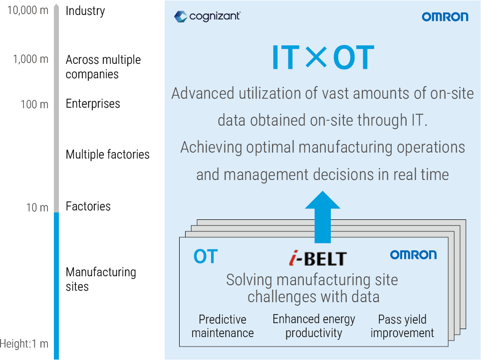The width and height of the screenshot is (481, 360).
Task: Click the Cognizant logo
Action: click(207, 16)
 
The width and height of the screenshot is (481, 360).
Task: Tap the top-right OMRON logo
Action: click(445, 17)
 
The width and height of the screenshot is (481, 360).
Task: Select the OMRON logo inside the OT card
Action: click(413, 255)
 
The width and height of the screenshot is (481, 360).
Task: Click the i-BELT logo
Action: click(317, 258)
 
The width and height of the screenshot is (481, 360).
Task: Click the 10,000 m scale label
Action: click(28, 10)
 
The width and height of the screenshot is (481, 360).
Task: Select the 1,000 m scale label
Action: click(30, 59)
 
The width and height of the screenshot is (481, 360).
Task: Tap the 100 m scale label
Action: click(34, 105)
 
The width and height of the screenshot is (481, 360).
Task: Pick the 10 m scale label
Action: click(37, 207)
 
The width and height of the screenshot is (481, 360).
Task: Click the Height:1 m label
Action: click(24, 344)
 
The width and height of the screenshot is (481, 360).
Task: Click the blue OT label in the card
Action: click(206, 256)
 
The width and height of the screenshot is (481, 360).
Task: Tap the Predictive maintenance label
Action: click(223, 326)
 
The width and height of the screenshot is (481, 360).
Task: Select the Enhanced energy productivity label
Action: click(314, 326)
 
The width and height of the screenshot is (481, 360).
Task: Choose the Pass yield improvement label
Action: click(402, 326)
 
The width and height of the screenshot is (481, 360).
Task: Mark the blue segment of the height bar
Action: click(56, 284)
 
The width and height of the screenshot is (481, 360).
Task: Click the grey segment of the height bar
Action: click(56, 110)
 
